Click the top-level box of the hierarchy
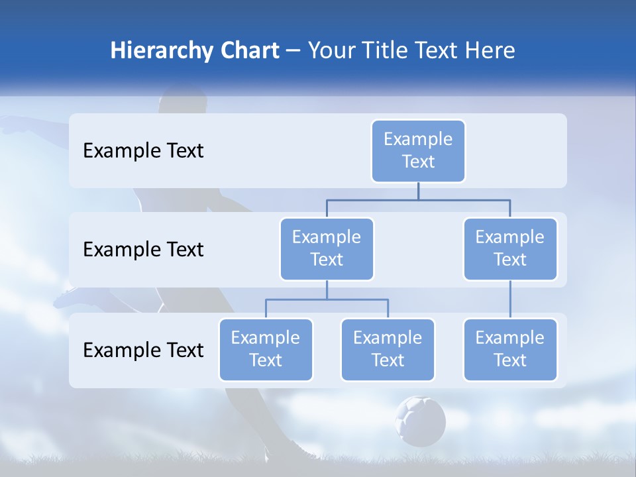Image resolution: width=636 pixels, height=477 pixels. coord(418,150)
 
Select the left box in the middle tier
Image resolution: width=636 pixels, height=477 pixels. coord(327,248)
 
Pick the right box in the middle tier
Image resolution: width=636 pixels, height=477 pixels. coord(510,248)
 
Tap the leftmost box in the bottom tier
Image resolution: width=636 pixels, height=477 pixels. coord(266,349)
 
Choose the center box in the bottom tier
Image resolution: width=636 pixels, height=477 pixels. coord(388,349)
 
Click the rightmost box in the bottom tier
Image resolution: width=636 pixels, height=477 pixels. coord(510,349)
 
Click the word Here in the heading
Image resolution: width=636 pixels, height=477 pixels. coord(491,50)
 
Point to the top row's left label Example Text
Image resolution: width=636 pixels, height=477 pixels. coord(143,150)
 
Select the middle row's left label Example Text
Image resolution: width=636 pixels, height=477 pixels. coord(143,249)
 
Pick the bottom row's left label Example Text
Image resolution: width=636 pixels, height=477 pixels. coord(143,350)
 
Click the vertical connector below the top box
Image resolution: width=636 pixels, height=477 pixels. coord(418,191)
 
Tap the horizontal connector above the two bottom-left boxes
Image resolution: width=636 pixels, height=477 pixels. coord(327,299)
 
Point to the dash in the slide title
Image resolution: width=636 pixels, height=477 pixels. coord(293,51)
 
